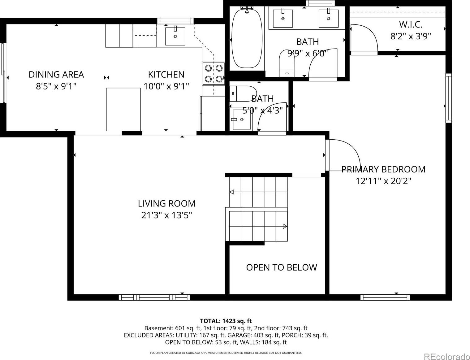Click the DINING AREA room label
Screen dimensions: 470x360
[56, 75]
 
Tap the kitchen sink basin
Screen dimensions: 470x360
[175, 36]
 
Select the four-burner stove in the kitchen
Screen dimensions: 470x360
[213, 74]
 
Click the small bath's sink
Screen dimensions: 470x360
[242, 119]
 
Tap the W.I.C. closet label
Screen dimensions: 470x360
[411, 25]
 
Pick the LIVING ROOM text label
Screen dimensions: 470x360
[166, 204]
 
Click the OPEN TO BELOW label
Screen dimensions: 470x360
[282, 268]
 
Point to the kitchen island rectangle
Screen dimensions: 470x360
[123, 110]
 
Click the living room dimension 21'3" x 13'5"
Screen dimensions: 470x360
[166, 215]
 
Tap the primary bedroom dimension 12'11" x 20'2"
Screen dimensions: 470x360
[383, 181]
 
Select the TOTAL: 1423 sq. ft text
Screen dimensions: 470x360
[226, 321]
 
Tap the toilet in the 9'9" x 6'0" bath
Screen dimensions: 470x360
[287, 63]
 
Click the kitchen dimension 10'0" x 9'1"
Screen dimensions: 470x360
[166, 87]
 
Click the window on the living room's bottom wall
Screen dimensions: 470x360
[154, 297]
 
